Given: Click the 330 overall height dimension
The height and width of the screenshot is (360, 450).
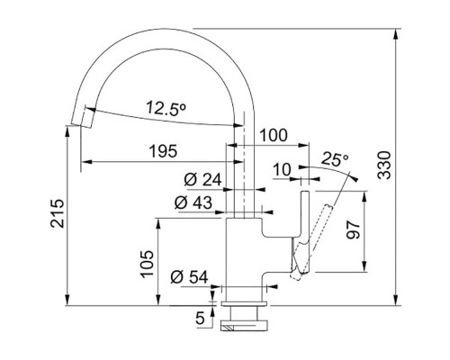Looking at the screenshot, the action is [x=384, y=166].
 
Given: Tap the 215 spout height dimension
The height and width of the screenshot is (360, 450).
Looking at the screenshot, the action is [x=57, y=213].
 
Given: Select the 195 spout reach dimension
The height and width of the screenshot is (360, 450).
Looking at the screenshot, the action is [x=164, y=151].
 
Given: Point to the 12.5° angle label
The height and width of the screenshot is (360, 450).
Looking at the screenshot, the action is [x=166, y=108].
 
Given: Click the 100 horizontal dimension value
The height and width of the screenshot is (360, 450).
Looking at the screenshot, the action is [x=274, y=135].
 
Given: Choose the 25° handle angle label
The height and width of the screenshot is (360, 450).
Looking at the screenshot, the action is [x=335, y=159].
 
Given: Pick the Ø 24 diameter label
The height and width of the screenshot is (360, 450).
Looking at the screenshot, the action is [x=202, y=180].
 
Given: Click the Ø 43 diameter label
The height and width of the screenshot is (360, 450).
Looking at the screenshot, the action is [x=193, y=202].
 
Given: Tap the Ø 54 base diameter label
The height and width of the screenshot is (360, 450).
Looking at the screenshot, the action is [x=189, y=277].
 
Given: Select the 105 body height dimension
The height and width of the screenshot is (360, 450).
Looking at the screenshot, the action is [x=148, y=264].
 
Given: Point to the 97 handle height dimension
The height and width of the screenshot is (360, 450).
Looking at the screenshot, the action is [x=353, y=229].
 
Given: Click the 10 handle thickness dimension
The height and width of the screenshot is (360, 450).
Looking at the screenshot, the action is [x=283, y=170].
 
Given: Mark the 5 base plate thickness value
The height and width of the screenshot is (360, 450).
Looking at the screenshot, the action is [x=200, y=319].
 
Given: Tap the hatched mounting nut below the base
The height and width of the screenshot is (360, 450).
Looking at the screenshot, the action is [x=243, y=326].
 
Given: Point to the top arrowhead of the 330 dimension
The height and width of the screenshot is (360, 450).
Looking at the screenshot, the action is [x=397, y=34].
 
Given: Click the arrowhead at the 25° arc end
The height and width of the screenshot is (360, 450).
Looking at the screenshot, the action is [x=355, y=179].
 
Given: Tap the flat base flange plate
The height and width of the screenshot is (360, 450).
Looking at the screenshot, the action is [x=243, y=304].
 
